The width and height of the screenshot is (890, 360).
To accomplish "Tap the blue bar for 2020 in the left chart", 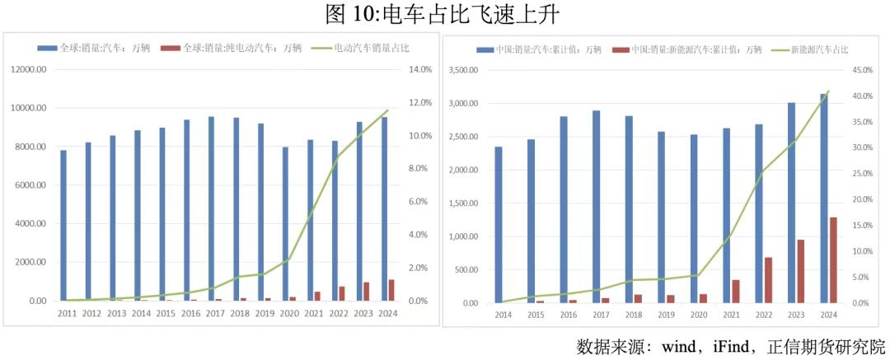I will [285, 224].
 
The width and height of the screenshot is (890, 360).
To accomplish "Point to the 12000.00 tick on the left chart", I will [29, 70].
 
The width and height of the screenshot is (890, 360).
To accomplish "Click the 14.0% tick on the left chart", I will [420, 70].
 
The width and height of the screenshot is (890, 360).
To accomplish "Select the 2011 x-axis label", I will [68, 314].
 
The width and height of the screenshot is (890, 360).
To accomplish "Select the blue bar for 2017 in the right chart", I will [596, 207].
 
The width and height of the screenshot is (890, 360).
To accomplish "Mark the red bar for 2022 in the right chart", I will [768, 280].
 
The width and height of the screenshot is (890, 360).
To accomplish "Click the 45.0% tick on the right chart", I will [862, 71].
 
